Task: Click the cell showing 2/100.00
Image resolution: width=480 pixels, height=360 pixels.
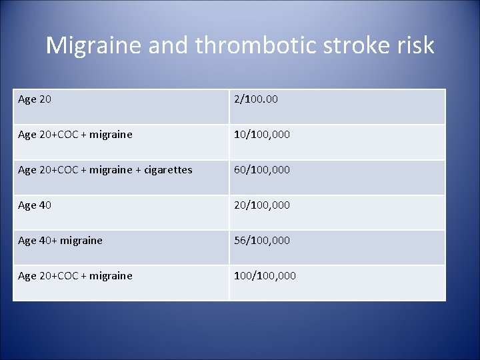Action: (255, 99)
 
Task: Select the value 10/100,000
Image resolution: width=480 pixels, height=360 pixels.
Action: (261, 135)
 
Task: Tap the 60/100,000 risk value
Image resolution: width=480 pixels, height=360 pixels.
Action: (261, 170)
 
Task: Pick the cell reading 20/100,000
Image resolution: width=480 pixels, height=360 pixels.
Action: (261, 205)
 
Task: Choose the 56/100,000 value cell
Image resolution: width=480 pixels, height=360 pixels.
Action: (261, 241)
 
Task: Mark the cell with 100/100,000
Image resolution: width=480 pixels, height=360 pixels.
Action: (265, 276)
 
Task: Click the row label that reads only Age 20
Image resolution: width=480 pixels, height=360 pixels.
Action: (35, 99)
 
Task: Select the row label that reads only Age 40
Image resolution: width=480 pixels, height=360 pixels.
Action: (35, 205)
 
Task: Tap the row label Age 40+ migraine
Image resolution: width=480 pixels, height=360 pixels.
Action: (60, 241)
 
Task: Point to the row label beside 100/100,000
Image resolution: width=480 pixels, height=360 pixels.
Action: (75, 276)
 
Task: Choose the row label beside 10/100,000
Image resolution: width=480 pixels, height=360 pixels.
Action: (75, 135)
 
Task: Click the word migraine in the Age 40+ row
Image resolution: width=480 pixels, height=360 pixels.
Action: (81, 241)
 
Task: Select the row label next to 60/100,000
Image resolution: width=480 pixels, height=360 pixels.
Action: (105, 170)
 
